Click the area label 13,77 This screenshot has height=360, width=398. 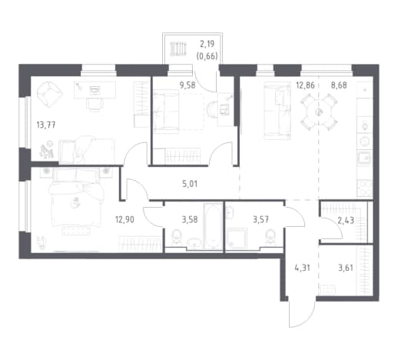click(x=46, y=125)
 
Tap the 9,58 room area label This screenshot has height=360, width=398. click(x=187, y=85)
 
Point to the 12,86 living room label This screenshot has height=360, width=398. click(x=305, y=85)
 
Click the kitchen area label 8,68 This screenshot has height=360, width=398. click(x=339, y=85)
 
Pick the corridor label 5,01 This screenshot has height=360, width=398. click(x=190, y=184)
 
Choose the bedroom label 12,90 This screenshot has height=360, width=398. click(x=124, y=220)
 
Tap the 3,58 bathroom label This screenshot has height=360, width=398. click(x=190, y=220)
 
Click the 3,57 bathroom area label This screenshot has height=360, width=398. click(x=260, y=220)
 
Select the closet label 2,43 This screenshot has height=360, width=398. click(x=346, y=220)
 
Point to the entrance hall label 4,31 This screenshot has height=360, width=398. click(x=303, y=268)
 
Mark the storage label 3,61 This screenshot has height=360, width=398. click(x=346, y=268)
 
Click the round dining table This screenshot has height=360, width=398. click(x=319, y=112)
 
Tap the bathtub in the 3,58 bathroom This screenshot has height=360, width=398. click(x=213, y=226)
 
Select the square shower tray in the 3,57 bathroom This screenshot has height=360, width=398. click(x=237, y=238)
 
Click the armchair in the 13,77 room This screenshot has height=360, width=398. click(x=48, y=94)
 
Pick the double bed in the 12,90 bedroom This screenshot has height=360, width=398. click(x=76, y=198)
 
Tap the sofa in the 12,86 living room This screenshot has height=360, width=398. click(x=277, y=111)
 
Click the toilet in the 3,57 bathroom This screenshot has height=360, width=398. click(x=270, y=238)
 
